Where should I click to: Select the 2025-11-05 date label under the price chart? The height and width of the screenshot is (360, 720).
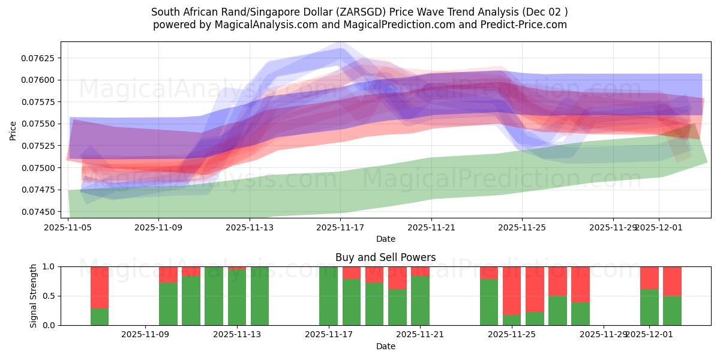[68, 228]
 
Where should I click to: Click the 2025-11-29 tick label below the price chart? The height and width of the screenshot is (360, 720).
[613, 228]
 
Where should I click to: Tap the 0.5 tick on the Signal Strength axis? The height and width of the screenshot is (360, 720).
[49, 296]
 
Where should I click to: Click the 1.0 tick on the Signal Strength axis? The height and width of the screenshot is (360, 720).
[49, 266]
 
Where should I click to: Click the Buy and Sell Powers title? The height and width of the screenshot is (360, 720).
[385, 257]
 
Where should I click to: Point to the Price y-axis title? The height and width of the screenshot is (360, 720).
[13, 130]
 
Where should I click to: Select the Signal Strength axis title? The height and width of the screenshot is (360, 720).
[34, 296]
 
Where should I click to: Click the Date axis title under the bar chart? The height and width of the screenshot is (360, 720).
[385, 346]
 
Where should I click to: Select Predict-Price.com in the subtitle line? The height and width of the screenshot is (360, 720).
[521, 25]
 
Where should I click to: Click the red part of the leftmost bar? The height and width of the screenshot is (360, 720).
[100, 287]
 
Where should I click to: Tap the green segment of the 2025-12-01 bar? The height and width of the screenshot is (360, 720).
[649, 307]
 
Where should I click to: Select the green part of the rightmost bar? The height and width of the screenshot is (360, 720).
[672, 310]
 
